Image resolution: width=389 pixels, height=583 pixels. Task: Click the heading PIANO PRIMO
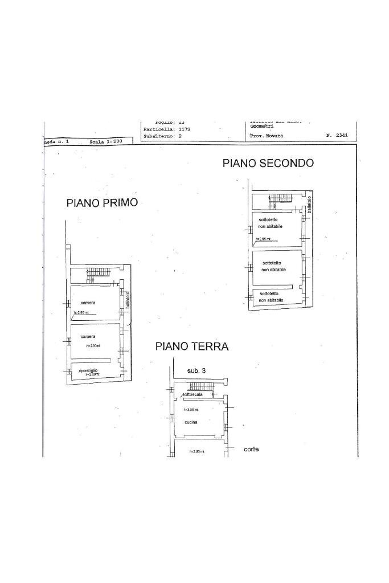[102, 203]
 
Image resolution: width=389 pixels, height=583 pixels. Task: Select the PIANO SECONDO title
[268, 163]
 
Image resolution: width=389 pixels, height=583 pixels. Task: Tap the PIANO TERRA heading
[192, 346]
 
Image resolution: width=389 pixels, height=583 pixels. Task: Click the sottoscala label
[193, 395]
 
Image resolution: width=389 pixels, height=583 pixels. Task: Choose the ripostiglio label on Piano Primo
[88, 370]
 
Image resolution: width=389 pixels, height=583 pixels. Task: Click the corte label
[251, 449]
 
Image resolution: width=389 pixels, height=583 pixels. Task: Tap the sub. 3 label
[196, 370]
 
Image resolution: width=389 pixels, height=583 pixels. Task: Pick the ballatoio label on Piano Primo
[128, 300]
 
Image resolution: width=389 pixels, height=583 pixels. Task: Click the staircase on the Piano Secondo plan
[280, 199]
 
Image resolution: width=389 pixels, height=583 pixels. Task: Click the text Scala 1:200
[106, 141]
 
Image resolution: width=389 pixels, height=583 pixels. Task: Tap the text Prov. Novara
[266, 136]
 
